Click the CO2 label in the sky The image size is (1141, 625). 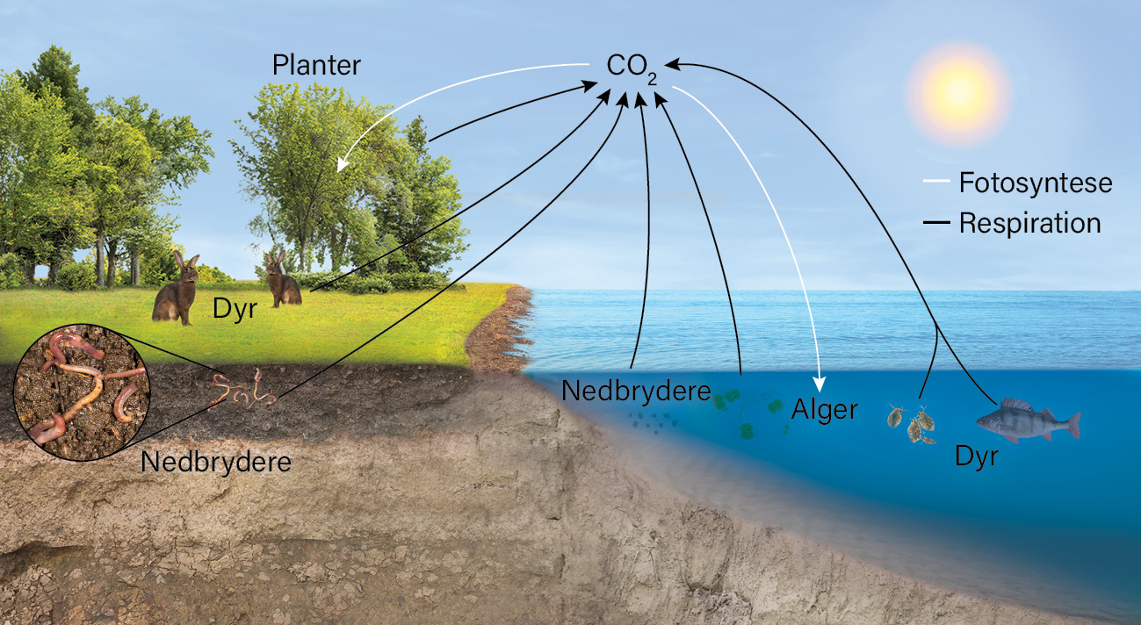click(x=632, y=68)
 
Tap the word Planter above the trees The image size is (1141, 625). click(x=316, y=65)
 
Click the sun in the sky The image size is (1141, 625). click(x=958, y=94)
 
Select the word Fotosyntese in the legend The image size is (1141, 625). click(x=1036, y=183)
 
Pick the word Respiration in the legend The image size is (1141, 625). click(x=1030, y=223)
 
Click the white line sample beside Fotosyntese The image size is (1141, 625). click(x=936, y=181)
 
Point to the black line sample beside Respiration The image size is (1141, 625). click(x=936, y=222)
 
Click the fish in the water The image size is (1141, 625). click(x=1028, y=420)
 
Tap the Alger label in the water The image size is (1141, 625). click(x=824, y=409)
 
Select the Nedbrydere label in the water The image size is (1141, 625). click(x=636, y=391)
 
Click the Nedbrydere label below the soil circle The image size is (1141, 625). click(x=216, y=462)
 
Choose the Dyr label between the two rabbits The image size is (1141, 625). click(x=235, y=308)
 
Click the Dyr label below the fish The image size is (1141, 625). click(x=977, y=456)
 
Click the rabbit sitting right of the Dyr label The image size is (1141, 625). click(x=282, y=280)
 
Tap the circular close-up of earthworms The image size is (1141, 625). click(x=82, y=392)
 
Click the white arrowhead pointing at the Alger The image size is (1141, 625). click(x=819, y=384)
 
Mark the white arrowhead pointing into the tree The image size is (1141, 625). click(x=343, y=164)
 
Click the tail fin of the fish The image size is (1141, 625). click(x=1072, y=426)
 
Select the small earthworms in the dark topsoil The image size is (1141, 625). click(x=242, y=391)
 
